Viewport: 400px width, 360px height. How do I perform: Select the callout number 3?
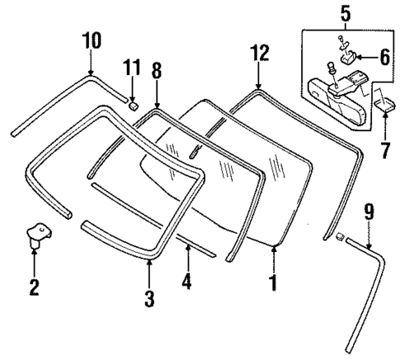click(x=149, y=298)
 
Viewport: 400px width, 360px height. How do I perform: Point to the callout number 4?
click(x=186, y=281)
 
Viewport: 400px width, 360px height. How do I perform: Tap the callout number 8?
click(x=156, y=72)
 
